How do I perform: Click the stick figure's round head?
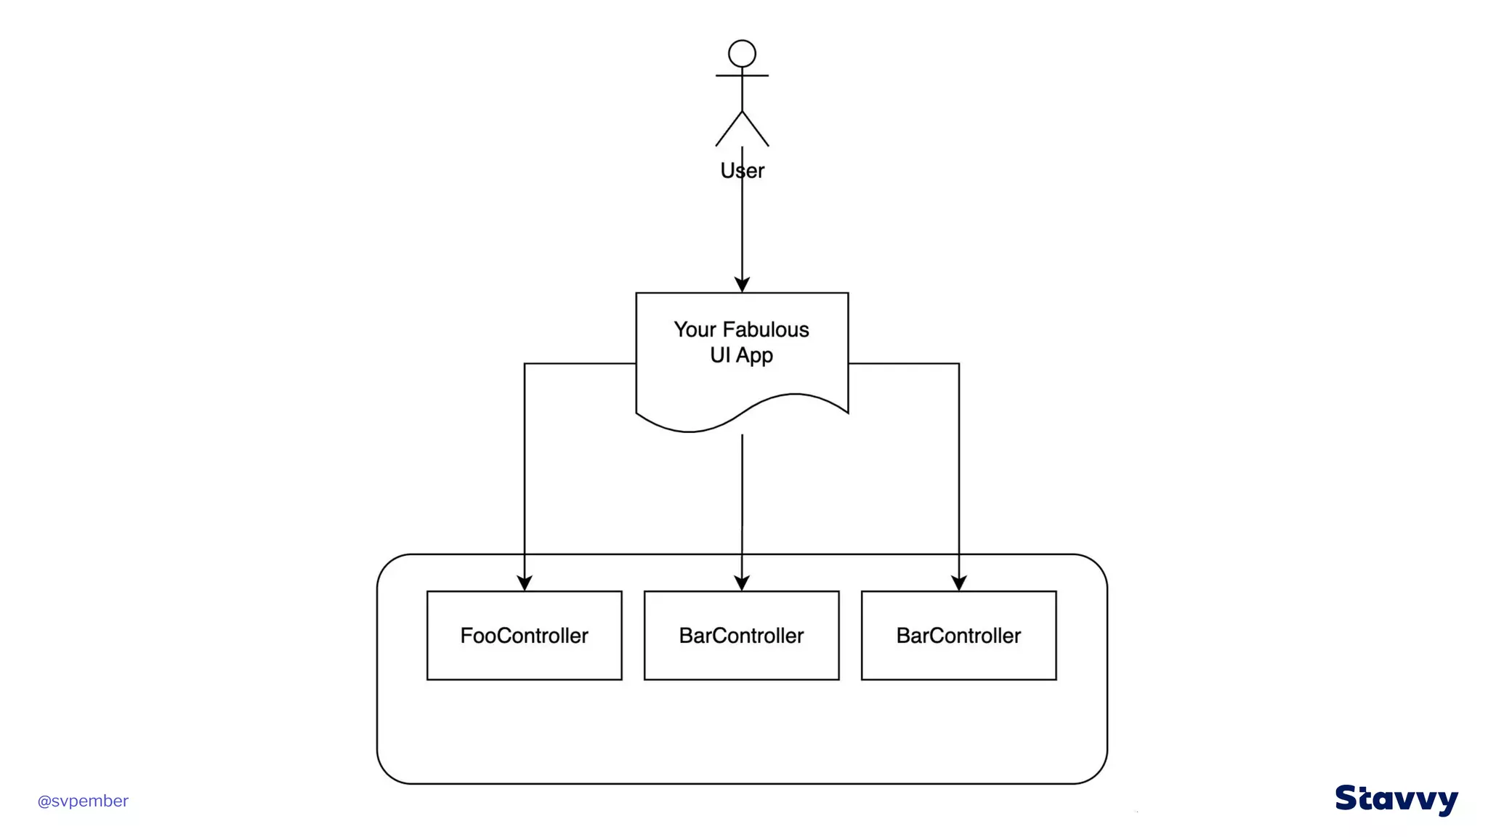(742, 54)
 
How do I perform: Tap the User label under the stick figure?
(742, 171)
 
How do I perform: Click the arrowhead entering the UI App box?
(742, 284)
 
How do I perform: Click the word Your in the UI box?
(695, 330)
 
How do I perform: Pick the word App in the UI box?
(755, 356)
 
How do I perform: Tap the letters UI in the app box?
(719, 355)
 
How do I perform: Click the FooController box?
(524, 636)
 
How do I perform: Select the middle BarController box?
(741, 636)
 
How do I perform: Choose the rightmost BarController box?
(958, 636)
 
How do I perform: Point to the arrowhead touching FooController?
(525, 583)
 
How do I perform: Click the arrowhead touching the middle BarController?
(742, 583)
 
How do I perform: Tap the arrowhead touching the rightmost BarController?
(959, 583)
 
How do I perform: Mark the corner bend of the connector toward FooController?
(525, 363)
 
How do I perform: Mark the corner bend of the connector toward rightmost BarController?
(959, 363)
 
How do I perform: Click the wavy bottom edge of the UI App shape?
(742, 415)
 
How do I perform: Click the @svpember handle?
(83, 801)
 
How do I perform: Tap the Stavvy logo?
(1396, 799)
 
